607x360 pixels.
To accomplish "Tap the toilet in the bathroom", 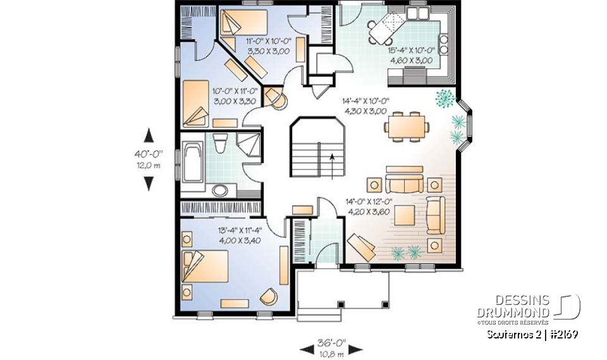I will click(x=220, y=144).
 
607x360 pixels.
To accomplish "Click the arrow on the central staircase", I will click(x=331, y=163).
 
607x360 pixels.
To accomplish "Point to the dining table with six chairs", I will click(x=403, y=125).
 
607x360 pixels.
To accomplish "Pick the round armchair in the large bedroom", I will click(x=268, y=297).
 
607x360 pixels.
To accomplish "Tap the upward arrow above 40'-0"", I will click(x=149, y=135).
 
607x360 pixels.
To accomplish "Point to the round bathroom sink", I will click(x=219, y=190).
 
